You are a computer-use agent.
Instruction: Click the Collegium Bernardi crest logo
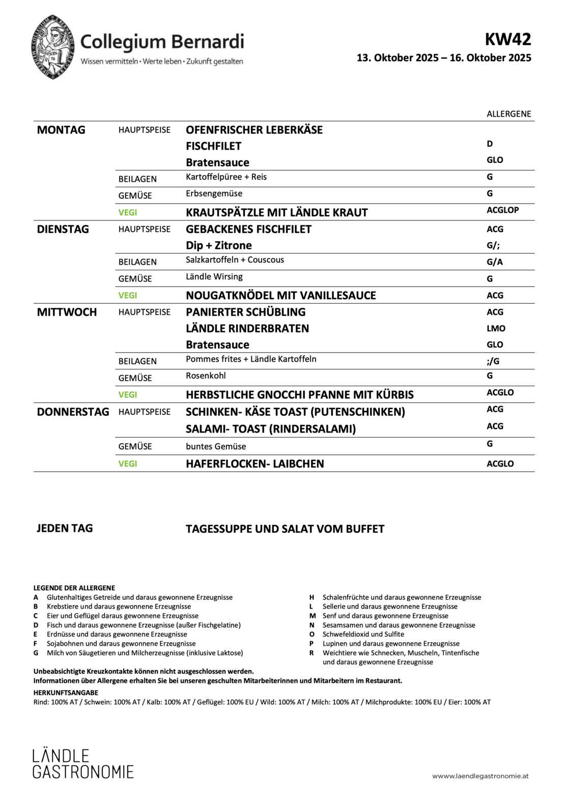(x=53, y=47)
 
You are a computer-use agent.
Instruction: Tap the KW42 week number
(x=507, y=39)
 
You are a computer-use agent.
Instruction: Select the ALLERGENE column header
(x=508, y=114)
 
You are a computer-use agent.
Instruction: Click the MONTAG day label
(x=61, y=130)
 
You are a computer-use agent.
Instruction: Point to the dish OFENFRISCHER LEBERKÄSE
(x=254, y=130)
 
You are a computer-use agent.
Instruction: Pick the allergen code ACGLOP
(x=502, y=210)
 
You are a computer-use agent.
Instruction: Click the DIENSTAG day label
(x=63, y=229)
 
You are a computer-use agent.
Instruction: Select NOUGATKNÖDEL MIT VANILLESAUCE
(x=280, y=295)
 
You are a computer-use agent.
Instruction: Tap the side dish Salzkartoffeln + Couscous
(x=235, y=260)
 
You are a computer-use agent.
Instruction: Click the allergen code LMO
(x=496, y=328)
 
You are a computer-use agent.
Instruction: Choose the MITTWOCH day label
(x=67, y=312)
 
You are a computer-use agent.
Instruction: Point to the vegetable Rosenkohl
(x=206, y=376)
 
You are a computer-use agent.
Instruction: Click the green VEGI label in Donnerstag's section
(x=128, y=464)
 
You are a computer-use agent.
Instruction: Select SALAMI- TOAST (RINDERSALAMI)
(x=271, y=429)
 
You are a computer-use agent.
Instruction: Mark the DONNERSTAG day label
(x=73, y=412)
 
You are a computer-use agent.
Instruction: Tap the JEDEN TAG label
(x=65, y=528)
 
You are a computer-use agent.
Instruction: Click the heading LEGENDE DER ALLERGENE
(x=74, y=588)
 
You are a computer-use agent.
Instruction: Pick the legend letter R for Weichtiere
(x=312, y=653)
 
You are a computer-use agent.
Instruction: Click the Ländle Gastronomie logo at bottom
(x=83, y=763)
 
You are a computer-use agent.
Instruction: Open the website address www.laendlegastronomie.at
(x=480, y=776)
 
